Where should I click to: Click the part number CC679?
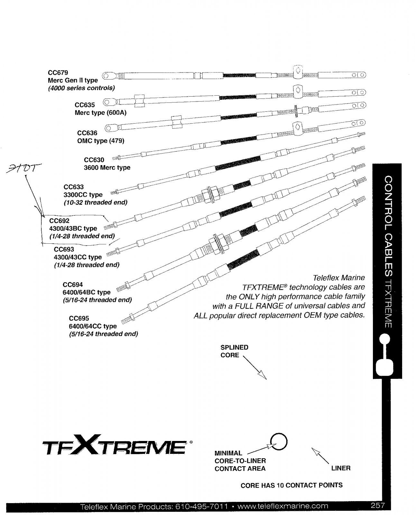(x=58, y=73)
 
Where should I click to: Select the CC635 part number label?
(x=85, y=105)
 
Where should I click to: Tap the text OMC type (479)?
(x=101, y=141)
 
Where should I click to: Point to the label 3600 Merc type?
(x=107, y=167)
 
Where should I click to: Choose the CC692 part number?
(x=59, y=221)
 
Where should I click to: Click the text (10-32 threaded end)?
(x=95, y=202)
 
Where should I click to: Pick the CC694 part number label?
(x=73, y=285)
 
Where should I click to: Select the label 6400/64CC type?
(x=93, y=326)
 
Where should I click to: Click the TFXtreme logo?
(x=114, y=447)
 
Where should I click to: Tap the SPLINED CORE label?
(x=234, y=351)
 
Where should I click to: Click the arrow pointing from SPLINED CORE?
(x=255, y=368)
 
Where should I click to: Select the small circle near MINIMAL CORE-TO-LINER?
(x=278, y=442)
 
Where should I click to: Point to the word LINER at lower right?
(x=341, y=468)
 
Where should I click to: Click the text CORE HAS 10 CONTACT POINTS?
(x=291, y=485)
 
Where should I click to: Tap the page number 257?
(x=377, y=505)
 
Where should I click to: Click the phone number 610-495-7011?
(x=202, y=506)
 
